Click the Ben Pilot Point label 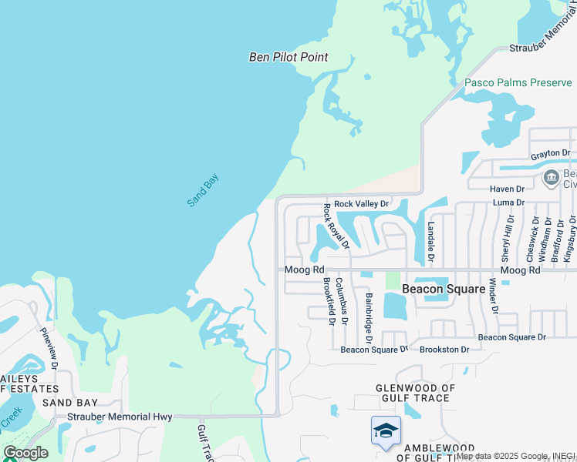[x=288, y=57]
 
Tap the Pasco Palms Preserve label [x=518, y=82]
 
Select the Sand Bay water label [x=203, y=190]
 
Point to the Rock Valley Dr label [x=362, y=203]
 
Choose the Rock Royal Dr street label [x=336, y=226]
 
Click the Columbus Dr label [x=345, y=300]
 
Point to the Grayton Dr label [x=550, y=154]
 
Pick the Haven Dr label [x=507, y=189]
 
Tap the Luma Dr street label [x=508, y=203]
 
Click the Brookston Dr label [x=444, y=350]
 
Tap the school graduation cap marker [x=386, y=431]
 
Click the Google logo [x=25, y=453]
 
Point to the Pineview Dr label [x=49, y=350]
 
